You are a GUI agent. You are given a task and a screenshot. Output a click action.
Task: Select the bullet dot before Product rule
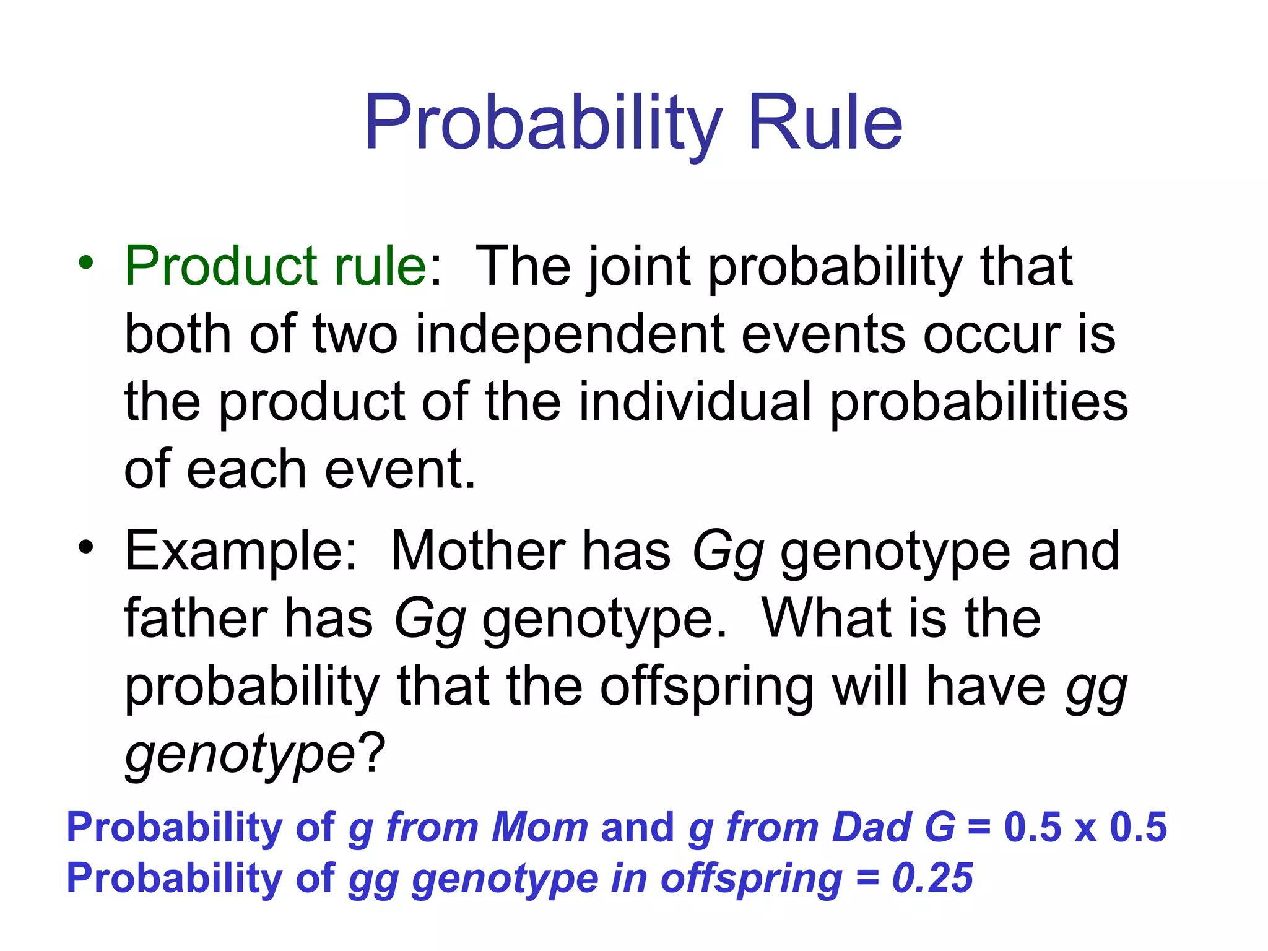(x=86, y=263)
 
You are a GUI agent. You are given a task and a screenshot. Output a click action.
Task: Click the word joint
(x=638, y=267)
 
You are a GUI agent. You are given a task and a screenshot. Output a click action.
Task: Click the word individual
(x=695, y=402)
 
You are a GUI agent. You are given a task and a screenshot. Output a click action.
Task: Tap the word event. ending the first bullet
(x=400, y=469)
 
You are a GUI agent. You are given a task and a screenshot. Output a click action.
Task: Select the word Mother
(x=478, y=551)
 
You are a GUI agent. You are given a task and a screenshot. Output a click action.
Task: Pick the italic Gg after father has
(x=430, y=619)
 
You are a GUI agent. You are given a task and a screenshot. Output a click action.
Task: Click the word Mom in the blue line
(x=539, y=827)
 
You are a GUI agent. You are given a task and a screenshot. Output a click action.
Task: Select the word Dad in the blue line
(x=871, y=827)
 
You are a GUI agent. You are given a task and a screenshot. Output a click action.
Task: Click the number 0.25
(x=932, y=878)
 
